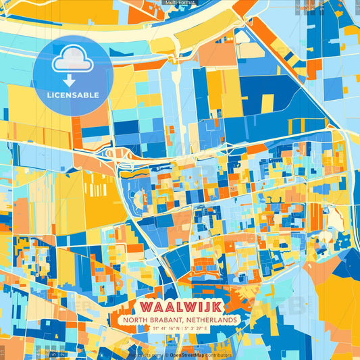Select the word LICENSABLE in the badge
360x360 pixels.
[x=73, y=95]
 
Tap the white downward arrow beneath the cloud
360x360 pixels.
[x=70, y=80]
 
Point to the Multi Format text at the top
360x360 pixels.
[x=180, y=3]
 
